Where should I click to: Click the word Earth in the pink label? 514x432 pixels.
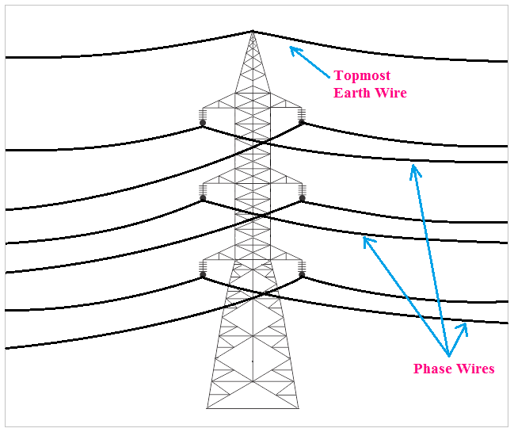coord(351,94)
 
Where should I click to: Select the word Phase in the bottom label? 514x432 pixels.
coord(434,369)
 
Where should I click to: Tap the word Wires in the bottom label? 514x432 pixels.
coord(477,369)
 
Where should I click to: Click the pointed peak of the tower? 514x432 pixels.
coord(253,31)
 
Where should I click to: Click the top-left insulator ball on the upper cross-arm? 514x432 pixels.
coord(203,122)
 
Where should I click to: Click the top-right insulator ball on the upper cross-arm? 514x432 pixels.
coord(302,122)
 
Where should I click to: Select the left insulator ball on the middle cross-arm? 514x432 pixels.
coord(203,198)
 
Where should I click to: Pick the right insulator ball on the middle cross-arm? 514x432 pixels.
coord(302,198)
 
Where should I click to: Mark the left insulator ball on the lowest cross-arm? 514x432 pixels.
coord(203,275)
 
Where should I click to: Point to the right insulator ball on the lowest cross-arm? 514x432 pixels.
coord(302,275)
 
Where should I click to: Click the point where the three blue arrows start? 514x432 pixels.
coord(448,355)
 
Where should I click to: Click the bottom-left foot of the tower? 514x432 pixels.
coord(208,407)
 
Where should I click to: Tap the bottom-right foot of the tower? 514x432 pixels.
coord(299,407)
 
